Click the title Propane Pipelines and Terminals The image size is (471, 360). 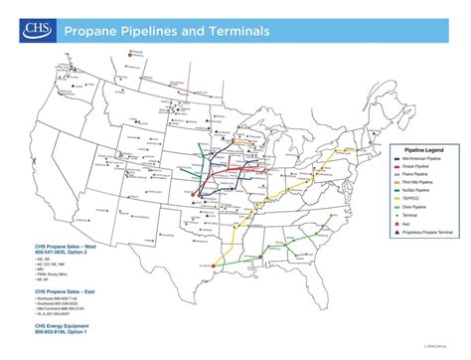pos(166,31)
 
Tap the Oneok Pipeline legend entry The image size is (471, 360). pos(406,167)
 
